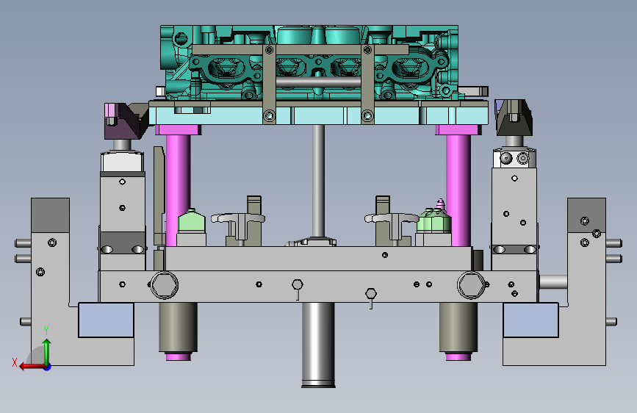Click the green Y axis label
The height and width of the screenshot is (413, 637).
pyautogui.click(x=46, y=331)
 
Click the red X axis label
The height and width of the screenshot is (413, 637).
pyautogui.click(x=15, y=362)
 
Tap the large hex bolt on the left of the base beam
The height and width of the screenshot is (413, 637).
pyautogui.click(x=164, y=284)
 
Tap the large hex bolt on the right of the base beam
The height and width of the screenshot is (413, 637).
pyautogui.click(x=471, y=284)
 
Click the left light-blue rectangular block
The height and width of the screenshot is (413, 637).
pyautogui.click(x=106, y=320)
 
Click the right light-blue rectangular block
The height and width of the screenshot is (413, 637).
pyautogui.click(x=530, y=320)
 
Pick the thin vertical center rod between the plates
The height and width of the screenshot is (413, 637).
pyautogui.click(x=318, y=182)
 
